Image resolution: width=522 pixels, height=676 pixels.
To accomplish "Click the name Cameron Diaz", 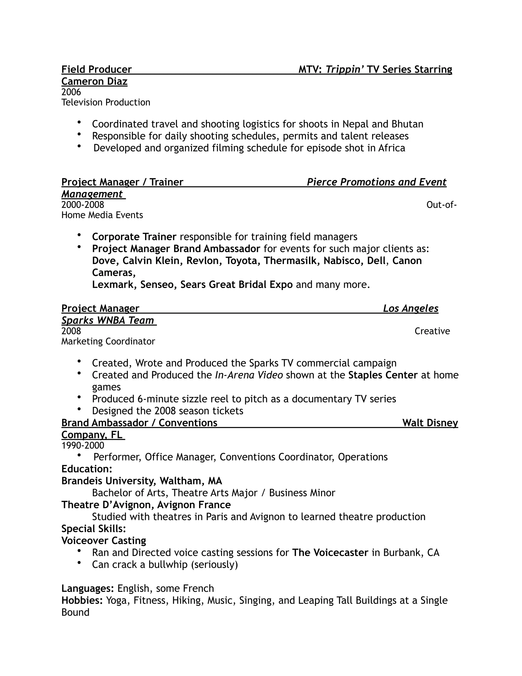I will click(94, 81).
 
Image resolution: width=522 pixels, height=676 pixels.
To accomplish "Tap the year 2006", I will click(71, 92).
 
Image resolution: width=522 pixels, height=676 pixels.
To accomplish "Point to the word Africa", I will click(391, 148).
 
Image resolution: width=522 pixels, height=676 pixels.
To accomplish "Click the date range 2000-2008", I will click(83, 205).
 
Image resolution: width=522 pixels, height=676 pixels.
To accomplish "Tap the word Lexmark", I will click(113, 284).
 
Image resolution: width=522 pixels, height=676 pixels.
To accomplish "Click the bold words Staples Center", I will click(383, 375).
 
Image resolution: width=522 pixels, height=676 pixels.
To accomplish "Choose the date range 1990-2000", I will click(83, 446).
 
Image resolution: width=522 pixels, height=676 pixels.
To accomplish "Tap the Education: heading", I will click(87, 469).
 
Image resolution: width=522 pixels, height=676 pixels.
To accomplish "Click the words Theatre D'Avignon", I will click(107, 505).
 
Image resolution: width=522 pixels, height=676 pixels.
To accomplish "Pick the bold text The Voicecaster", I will click(330, 553).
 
